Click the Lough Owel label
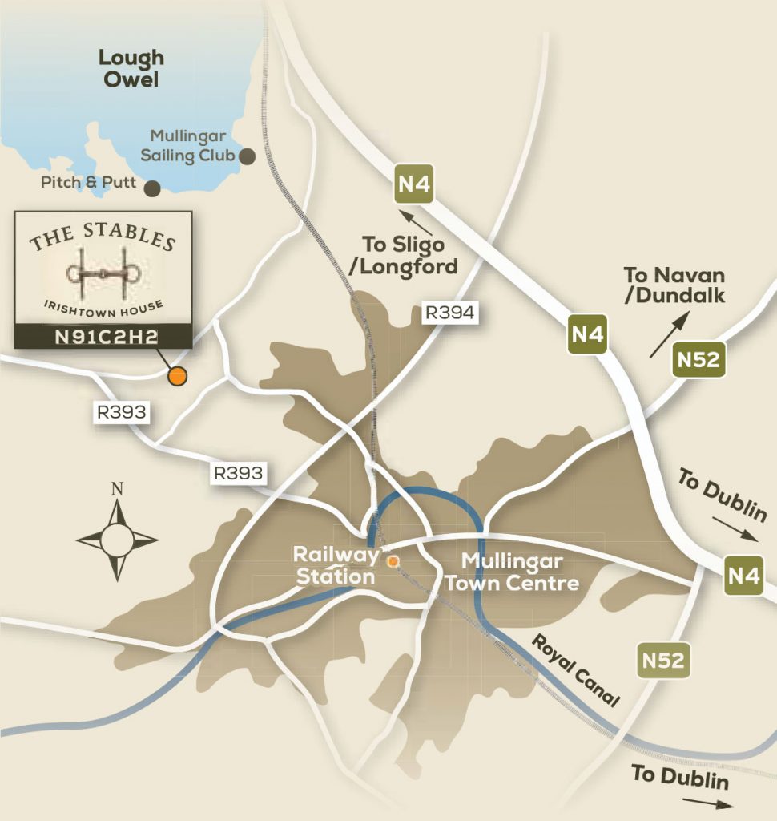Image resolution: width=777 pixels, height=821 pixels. [131, 68]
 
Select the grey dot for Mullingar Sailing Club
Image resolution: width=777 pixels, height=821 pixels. [248, 156]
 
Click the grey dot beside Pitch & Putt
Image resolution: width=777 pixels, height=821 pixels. [151, 188]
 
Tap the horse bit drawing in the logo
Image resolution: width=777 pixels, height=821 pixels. [104, 273]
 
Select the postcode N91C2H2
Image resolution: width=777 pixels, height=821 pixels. [103, 338]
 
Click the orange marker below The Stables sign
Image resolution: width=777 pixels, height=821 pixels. [176, 374]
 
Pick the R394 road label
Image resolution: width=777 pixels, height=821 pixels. [450, 313]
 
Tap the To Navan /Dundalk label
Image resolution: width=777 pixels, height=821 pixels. [674, 285]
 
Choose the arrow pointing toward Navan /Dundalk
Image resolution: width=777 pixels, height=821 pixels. [669, 334]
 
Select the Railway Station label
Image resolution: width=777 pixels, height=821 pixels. [335, 565]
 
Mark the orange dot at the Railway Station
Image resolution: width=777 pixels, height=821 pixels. [393, 562]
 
